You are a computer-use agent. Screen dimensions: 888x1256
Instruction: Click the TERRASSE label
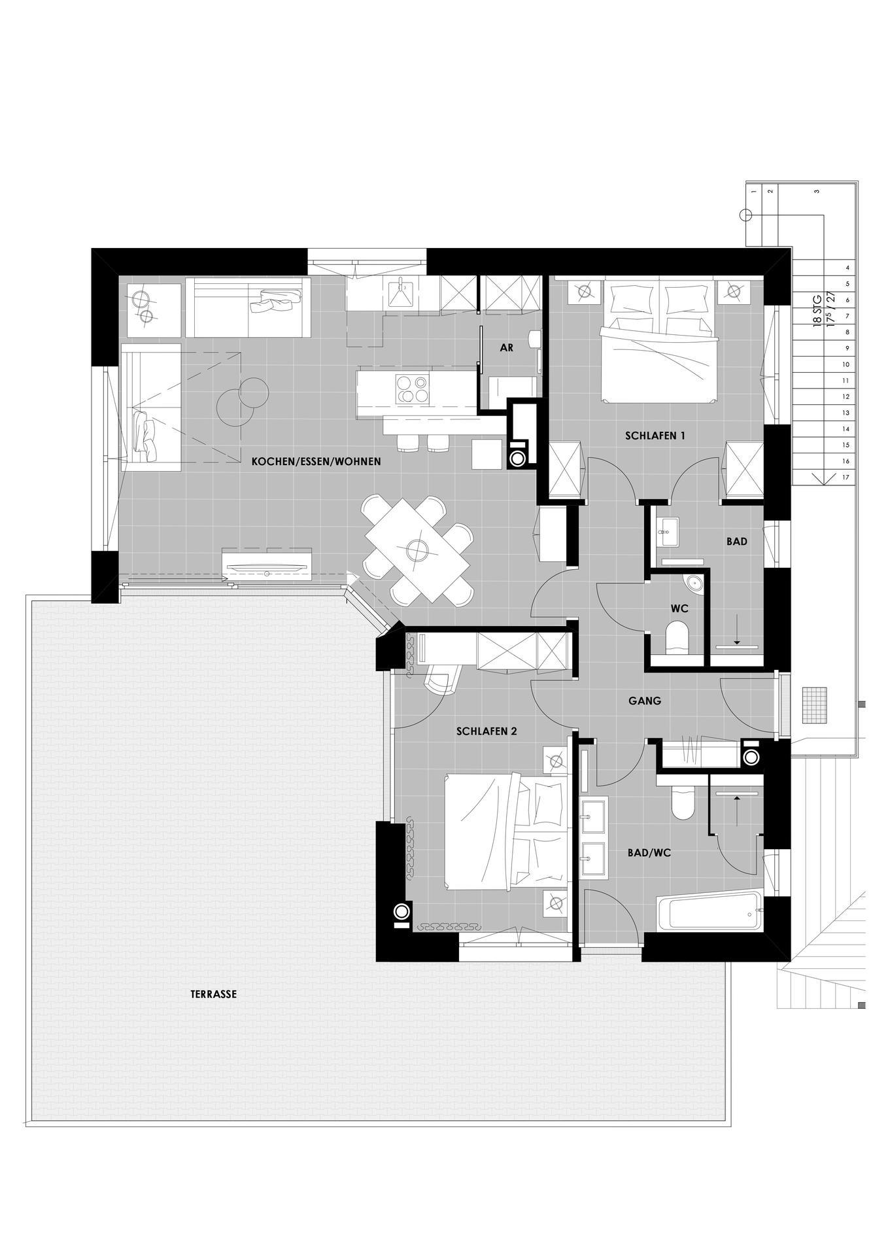tap(213, 994)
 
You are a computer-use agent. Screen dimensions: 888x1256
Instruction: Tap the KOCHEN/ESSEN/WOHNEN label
tap(316, 461)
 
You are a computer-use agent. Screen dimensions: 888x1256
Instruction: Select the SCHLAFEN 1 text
tap(655, 435)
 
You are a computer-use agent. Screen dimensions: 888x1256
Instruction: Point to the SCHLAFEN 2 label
tap(487, 731)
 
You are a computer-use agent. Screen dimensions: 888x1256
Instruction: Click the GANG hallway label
tap(645, 701)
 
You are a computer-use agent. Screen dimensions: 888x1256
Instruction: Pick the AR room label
tap(507, 348)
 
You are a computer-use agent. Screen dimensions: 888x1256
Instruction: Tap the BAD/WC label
tap(649, 853)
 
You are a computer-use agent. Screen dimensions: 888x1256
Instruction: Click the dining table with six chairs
tap(417, 550)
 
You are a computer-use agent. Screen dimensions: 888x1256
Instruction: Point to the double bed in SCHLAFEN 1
tap(659, 341)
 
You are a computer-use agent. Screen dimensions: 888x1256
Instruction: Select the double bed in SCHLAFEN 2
tap(504, 831)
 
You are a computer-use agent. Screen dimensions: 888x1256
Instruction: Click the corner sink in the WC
tap(694, 584)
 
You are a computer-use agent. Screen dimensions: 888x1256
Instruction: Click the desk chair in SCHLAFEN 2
tap(441, 677)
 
